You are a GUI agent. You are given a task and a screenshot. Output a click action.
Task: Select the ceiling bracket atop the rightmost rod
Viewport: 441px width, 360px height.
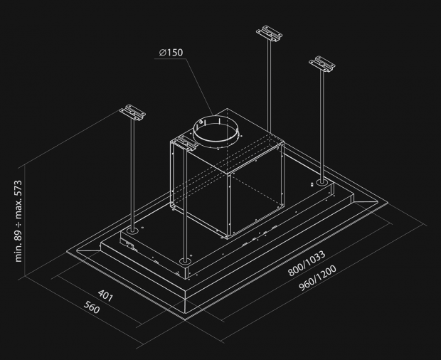(x=324, y=64)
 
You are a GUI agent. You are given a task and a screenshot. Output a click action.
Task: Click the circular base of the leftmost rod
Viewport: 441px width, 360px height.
(x=132, y=231)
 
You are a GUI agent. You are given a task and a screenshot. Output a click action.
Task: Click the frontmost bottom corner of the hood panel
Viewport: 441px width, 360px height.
(x=187, y=317)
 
